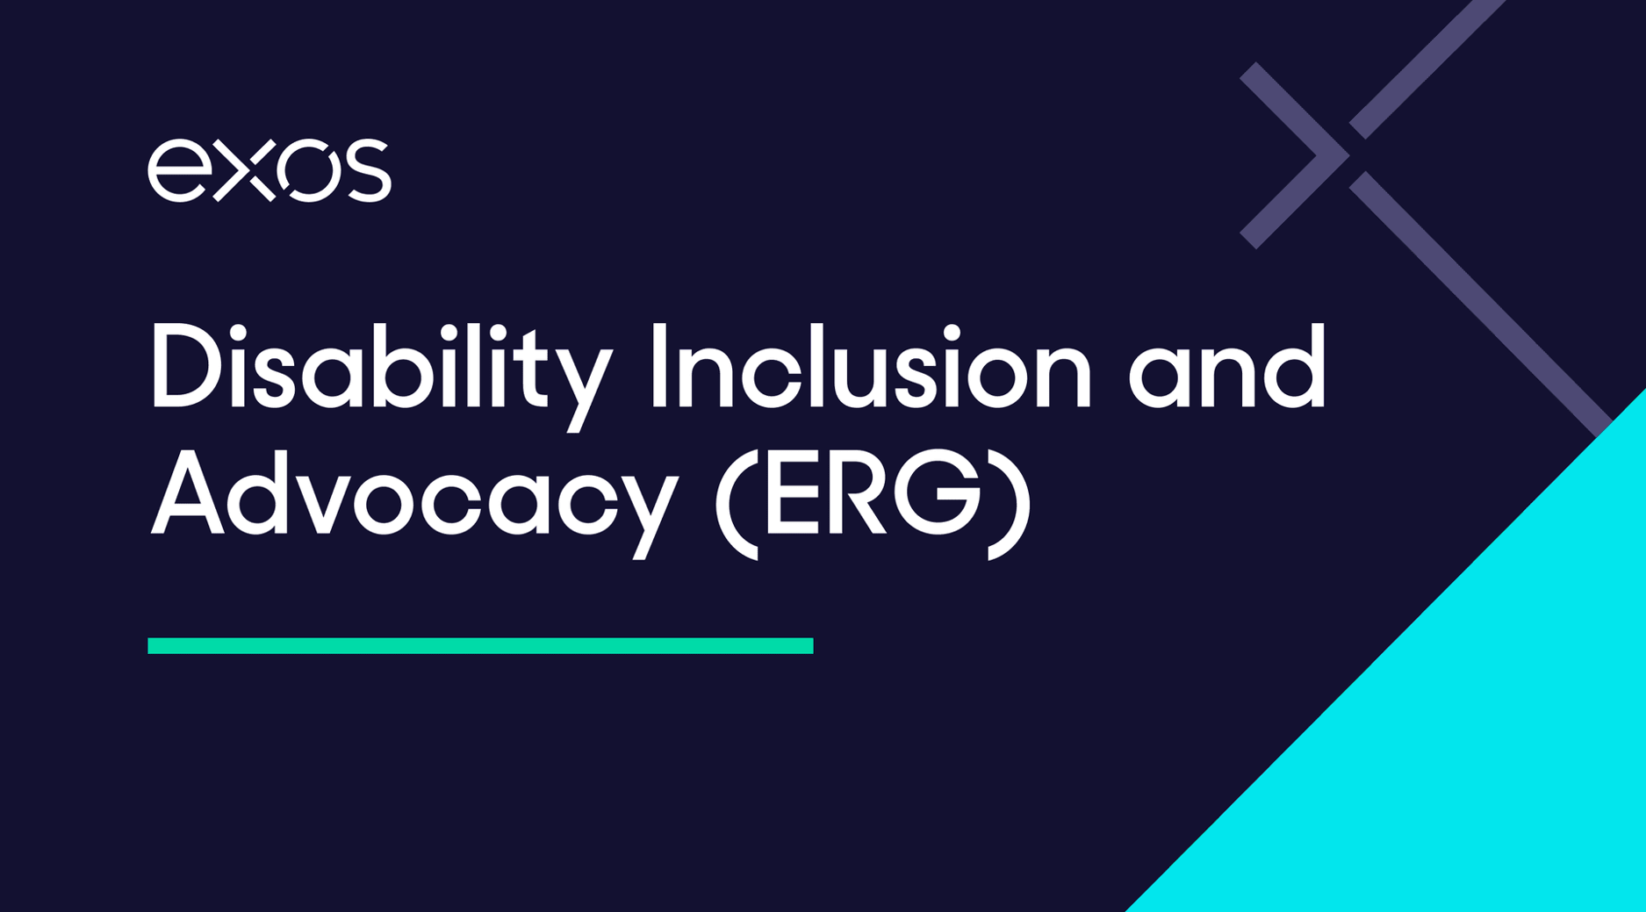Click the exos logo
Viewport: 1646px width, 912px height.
tap(269, 170)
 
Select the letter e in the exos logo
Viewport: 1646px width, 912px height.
tap(177, 170)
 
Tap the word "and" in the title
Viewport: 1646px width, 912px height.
tap(1226, 367)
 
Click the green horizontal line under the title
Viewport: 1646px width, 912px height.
tap(480, 646)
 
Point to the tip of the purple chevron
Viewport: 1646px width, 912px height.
tap(1348, 155)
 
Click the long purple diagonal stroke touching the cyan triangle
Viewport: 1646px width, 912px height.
tap(1481, 304)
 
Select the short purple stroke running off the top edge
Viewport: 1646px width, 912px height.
tap(1427, 69)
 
